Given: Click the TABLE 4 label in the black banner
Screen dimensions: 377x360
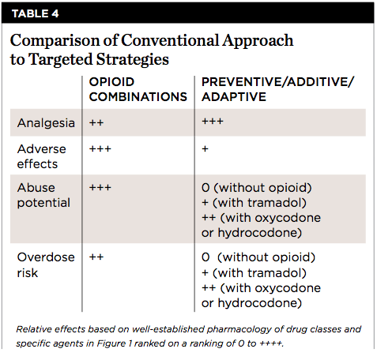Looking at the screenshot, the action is click(x=35, y=13).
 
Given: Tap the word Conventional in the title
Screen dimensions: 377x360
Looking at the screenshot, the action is click(x=170, y=40).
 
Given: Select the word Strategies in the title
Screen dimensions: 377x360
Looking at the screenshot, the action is click(x=133, y=59).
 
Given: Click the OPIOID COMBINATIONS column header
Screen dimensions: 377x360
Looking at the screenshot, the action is click(x=138, y=89).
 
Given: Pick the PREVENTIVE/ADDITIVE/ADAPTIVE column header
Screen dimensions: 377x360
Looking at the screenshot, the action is click(x=278, y=89).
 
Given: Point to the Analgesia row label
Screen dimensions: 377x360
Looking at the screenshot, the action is click(x=46, y=123).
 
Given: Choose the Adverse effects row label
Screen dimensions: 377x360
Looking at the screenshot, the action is click(x=42, y=156).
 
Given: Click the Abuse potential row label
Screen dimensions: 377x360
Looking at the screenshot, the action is click(x=43, y=195).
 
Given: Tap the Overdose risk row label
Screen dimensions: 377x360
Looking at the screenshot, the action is click(x=46, y=265).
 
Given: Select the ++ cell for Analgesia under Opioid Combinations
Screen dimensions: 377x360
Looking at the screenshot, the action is click(x=96, y=122).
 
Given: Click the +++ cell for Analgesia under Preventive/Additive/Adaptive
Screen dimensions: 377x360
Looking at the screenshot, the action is click(x=213, y=122).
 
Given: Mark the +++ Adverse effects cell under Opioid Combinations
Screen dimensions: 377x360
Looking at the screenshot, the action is click(x=100, y=149).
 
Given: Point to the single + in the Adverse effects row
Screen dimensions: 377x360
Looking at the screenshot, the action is click(x=205, y=149).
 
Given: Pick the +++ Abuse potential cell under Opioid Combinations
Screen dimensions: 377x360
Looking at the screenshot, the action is click(x=100, y=188).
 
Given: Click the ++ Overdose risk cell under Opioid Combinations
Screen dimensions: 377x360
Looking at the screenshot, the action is click(x=96, y=257).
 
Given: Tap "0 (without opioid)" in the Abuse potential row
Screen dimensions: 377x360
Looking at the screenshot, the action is click(x=257, y=188).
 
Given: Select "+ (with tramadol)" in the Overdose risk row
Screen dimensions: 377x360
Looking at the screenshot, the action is click(x=254, y=273).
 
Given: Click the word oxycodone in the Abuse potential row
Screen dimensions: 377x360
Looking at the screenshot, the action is click(x=288, y=218).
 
